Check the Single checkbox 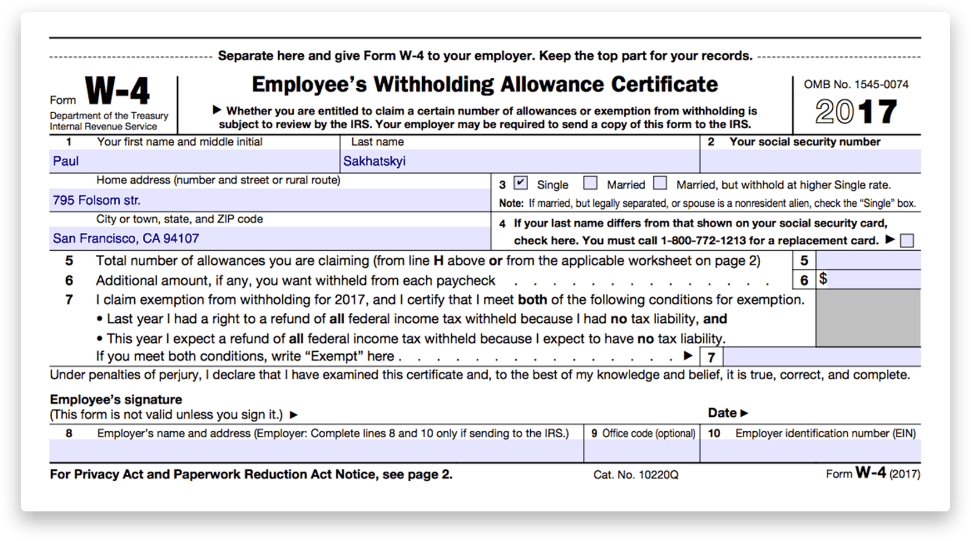(521, 183)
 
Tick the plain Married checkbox (590, 183)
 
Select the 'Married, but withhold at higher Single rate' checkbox (660, 183)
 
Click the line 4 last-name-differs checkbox (906, 240)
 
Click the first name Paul (66, 161)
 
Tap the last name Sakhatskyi (374, 161)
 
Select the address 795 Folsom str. (96, 200)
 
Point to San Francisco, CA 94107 (126, 239)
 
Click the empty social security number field (810, 161)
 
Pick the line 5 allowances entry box (868, 261)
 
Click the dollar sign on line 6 (823, 279)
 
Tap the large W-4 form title (117, 92)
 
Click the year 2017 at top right (856, 112)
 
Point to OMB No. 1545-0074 (856, 85)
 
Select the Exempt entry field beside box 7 (821, 356)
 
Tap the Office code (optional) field (642, 451)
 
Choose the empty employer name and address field (316, 451)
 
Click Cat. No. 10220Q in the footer (635, 475)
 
